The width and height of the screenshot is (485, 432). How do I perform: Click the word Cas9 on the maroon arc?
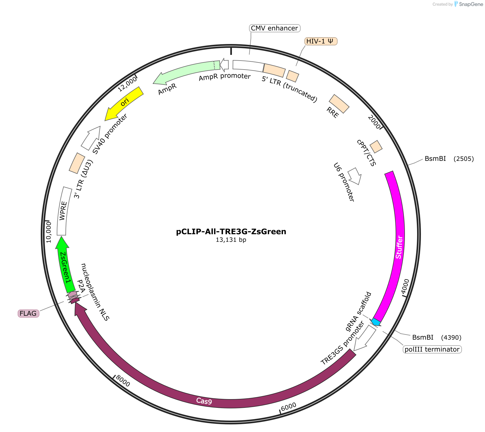(204, 401)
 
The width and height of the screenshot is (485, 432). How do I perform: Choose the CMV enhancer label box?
(275, 28)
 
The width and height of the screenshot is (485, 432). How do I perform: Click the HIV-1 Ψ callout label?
(321, 41)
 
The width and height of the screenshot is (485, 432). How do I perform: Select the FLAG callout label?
(28, 314)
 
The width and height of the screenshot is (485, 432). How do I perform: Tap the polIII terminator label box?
(432, 349)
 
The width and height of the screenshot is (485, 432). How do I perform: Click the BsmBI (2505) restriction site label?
(449, 159)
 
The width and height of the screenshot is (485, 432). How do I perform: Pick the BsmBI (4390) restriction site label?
(437, 337)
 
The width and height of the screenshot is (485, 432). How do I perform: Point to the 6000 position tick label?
(288, 407)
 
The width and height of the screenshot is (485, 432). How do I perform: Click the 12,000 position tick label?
(127, 84)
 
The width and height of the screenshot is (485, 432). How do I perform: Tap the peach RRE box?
(339, 104)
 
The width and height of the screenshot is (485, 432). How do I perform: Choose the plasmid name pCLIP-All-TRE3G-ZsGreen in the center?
(231, 231)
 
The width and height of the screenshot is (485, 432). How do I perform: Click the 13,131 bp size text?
(231, 240)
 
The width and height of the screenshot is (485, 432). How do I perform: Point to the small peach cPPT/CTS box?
(376, 147)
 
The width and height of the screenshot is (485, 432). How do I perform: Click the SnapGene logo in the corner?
(468, 4)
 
